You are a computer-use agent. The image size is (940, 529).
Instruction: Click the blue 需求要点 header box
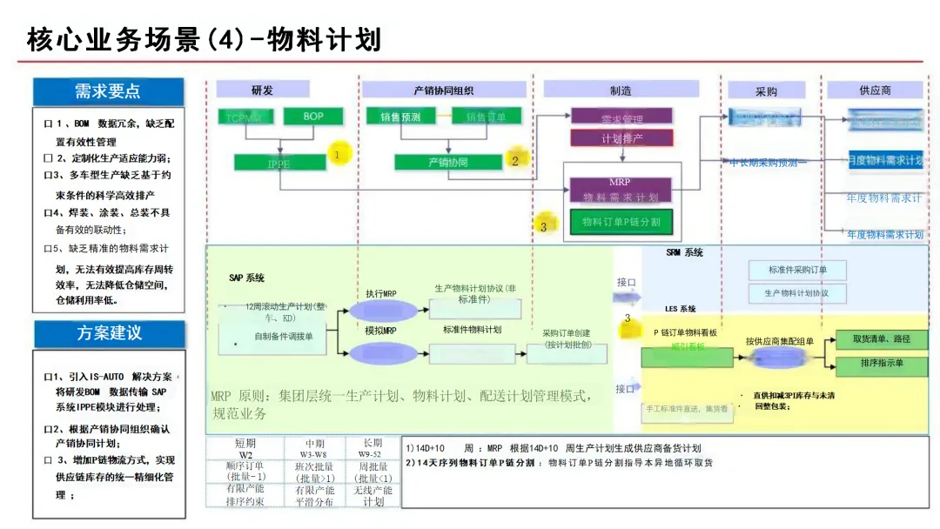pyautogui.click(x=108, y=91)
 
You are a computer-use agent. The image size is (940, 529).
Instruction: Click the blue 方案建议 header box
pyautogui.click(x=109, y=333)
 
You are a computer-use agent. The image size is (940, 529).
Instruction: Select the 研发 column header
pyautogui.click(x=262, y=90)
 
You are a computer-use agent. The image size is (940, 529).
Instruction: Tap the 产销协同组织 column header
pyautogui.click(x=444, y=90)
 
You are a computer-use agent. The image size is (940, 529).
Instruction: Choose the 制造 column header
pyautogui.click(x=621, y=90)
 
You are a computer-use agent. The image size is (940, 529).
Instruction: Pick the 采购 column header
pyautogui.click(x=766, y=90)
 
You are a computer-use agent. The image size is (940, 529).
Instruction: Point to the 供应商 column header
pyautogui.click(x=875, y=90)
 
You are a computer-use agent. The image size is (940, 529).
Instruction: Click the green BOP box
pyautogui.click(x=312, y=117)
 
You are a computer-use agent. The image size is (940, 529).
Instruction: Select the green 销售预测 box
pyautogui.click(x=399, y=117)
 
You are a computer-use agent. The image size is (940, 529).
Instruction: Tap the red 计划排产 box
pyautogui.click(x=621, y=138)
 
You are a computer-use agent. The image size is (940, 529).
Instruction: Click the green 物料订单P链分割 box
pyautogui.click(x=621, y=222)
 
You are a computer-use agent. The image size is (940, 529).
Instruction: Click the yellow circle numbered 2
pyautogui.click(x=514, y=159)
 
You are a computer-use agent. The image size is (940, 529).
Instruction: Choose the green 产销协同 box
pyautogui.click(x=447, y=162)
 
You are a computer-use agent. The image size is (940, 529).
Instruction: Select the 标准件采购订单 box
pyautogui.click(x=797, y=270)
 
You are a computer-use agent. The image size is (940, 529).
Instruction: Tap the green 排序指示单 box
pyautogui.click(x=881, y=362)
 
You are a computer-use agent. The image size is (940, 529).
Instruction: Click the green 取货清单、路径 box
pyautogui.click(x=881, y=339)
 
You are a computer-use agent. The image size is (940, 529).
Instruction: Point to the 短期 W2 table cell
pyautogui.click(x=245, y=449)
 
